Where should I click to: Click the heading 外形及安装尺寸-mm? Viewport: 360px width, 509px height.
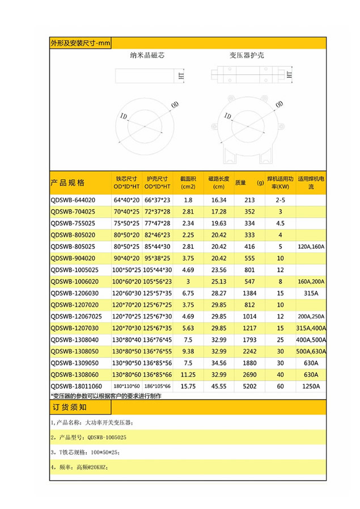coord(80,43)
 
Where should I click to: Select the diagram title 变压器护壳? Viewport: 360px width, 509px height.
coord(247,56)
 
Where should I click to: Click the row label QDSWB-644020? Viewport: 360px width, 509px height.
coord(73,200)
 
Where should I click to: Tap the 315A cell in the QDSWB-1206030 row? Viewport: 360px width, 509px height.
coord(311,294)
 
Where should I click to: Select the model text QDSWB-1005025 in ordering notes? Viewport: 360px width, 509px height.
coord(107,438)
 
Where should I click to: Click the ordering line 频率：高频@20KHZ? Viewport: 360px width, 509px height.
coord(79,468)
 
